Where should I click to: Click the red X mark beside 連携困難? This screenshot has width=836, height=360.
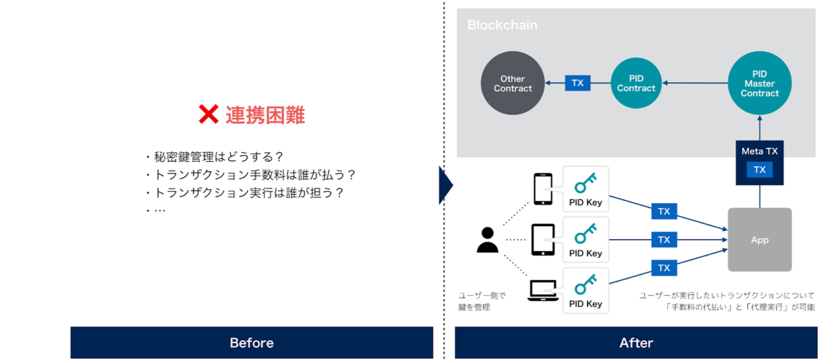pos(208,114)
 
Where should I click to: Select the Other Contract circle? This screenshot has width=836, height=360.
pos(513,83)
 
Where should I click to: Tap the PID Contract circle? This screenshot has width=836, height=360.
pos(636,83)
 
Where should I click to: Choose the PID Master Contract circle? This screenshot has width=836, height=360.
pos(760,83)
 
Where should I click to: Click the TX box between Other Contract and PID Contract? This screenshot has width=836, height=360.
pos(577,83)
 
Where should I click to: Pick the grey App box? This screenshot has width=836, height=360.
pos(760,240)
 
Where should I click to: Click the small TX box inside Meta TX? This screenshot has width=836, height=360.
pos(760,169)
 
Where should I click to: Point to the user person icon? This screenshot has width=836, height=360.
pos(488,240)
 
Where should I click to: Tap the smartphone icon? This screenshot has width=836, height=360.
pos(543,189)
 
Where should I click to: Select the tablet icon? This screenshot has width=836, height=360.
pos(543,240)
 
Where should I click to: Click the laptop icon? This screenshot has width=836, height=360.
pos(543,290)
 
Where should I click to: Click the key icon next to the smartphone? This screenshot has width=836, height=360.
pos(586,183)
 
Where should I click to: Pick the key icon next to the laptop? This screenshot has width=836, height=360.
pos(586,284)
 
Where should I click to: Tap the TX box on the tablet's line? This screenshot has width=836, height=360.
pos(664,240)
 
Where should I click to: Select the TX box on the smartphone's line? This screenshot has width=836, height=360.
pos(664,211)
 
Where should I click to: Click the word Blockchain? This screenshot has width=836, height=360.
pos(502,25)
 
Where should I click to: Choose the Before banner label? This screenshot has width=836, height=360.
pos(252,343)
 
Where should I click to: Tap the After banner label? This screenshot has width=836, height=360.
pos(636,343)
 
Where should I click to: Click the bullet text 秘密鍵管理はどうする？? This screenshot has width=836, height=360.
pos(219,157)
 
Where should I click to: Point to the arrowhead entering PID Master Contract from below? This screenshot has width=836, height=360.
pos(760,118)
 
